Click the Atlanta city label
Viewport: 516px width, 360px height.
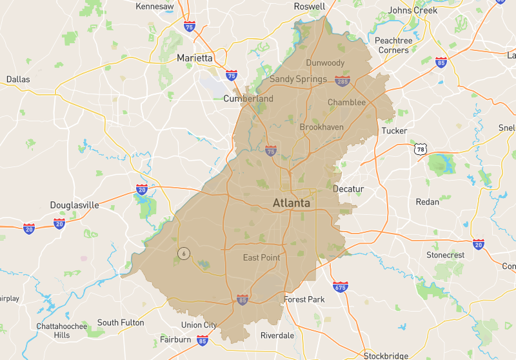point(291,203)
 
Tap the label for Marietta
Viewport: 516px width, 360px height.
point(194,58)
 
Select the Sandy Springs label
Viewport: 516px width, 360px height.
point(298,79)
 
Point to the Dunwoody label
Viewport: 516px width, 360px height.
point(325,63)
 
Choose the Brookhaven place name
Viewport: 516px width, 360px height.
point(321,127)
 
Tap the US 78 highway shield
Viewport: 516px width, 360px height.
point(421,150)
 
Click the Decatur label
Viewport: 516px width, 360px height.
point(348,189)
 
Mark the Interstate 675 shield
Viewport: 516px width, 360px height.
point(340,286)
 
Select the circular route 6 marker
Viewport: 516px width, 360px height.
point(184,254)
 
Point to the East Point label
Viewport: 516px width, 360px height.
point(261,258)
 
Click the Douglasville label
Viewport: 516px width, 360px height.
point(75,205)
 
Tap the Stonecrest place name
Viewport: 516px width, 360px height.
point(445,255)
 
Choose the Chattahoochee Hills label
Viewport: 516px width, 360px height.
point(62,330)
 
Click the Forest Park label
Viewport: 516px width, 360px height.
point(304,299)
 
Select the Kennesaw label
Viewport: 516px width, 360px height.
point(155,6)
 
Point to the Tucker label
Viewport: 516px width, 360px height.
point(394,131)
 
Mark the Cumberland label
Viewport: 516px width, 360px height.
point(248,99)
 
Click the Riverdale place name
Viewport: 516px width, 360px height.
point(277,335)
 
